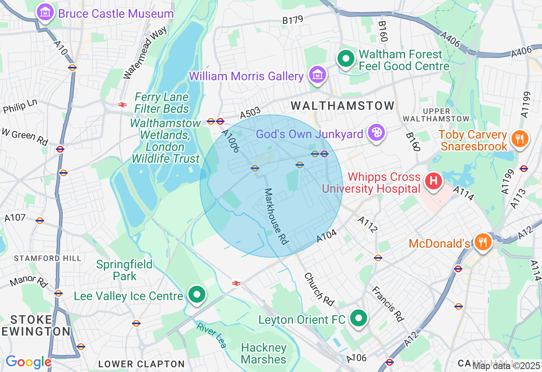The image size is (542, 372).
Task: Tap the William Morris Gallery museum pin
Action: tap(318, 75)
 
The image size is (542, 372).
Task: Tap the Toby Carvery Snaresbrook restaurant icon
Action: tap(519, 139)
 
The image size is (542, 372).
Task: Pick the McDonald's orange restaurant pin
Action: tap(482, 242)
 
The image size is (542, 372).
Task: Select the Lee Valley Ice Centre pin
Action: tap(196, 295)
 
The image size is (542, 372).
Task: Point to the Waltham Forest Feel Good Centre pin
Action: tap(346, 59)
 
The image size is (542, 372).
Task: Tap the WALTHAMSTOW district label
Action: tap(343, 105)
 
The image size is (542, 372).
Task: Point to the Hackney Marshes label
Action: tap(264, 354)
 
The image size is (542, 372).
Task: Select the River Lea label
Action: tap(211, 335)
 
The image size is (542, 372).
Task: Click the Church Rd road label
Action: tap(319, 289)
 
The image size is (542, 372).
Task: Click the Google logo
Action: tap(28, 362)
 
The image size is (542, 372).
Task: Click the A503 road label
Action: tap(250, 114)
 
